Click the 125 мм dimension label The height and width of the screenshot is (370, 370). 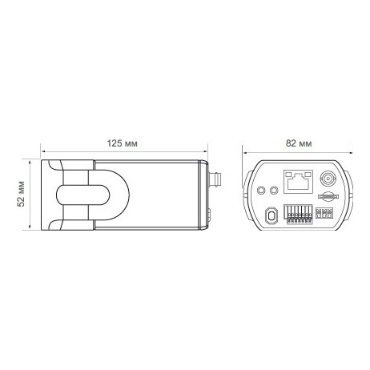tap(123, 143)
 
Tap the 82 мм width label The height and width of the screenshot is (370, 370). tap(299, 143)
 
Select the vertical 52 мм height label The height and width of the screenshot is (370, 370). tap(21, 194)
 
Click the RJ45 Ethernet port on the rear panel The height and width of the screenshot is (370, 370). tap(298, 182)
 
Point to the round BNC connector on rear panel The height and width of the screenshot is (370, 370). tap(328, 178)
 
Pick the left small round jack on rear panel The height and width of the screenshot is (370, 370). tap(261, 190)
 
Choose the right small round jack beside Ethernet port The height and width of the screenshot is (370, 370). tap(274, 190)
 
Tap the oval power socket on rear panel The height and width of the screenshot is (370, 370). tap(271, 215)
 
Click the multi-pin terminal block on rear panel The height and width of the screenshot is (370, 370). tap(299, 214)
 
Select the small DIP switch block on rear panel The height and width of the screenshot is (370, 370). tap(324, 213)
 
